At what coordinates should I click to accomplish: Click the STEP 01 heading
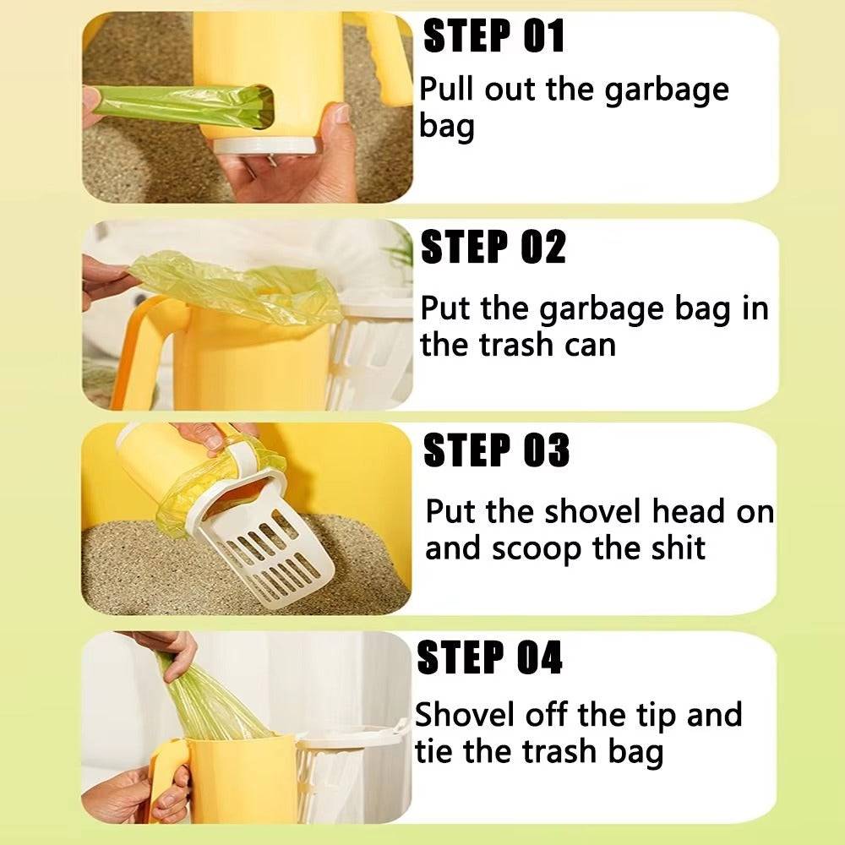point(493,36)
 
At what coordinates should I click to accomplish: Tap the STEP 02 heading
point(493,246)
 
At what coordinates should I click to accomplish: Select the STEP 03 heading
point(496,450)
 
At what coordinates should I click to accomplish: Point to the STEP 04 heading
point(490,657)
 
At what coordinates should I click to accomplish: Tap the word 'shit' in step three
point(676,548)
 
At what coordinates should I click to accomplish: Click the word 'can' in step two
point(590,346)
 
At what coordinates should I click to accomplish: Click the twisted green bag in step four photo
point(210,701)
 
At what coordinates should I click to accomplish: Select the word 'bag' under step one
point(447,128)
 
